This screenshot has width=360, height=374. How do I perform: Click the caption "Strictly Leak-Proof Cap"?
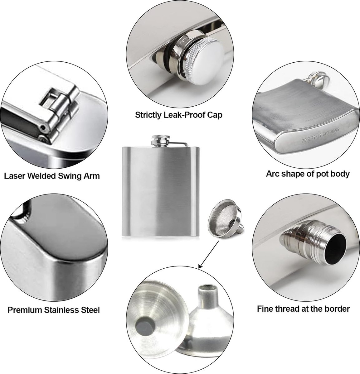coord(178,115)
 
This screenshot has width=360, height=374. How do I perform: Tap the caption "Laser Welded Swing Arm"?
coord(52,176)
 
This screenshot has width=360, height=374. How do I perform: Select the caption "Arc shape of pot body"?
coord(308,174)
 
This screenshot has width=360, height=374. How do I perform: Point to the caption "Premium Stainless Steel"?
coord(54,310)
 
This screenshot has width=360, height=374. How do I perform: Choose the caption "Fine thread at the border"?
coord(304,309)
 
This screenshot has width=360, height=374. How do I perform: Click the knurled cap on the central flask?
coord(161,138)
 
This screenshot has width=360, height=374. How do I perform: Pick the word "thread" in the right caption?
coord(290,309)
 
